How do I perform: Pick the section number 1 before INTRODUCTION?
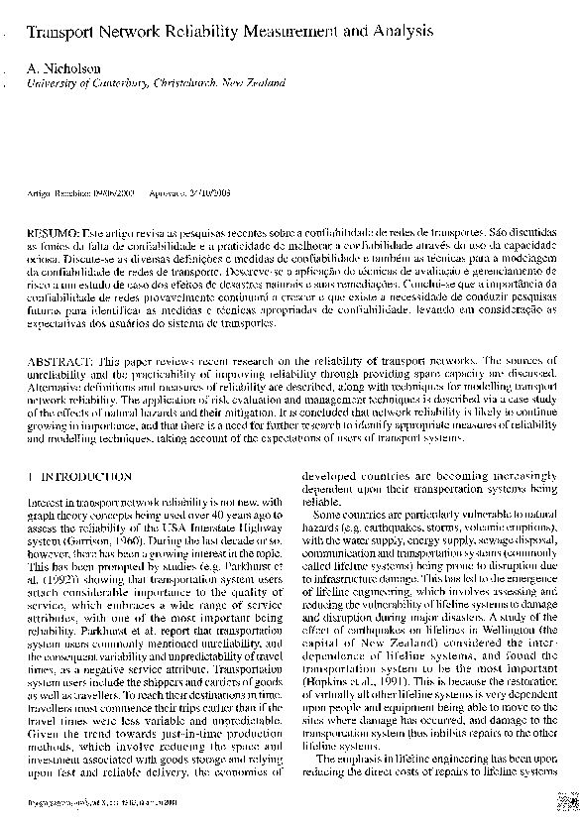30,478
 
